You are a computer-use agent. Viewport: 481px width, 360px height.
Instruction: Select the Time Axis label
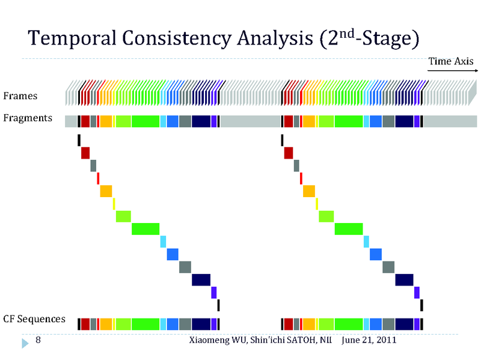tap(450, 61)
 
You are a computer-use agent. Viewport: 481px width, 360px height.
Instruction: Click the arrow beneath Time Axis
tap(451, 70)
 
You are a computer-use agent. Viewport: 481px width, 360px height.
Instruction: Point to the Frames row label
tap(20, 96)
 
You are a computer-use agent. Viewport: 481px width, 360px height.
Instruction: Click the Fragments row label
tap(28, 118)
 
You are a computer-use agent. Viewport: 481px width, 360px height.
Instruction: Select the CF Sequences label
tap(34, 319)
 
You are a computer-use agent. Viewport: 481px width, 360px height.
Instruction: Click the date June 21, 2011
tap(369, 341)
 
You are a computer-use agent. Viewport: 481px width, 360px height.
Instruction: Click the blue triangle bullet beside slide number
tap(25, 343)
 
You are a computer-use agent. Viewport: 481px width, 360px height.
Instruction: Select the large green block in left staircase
tap(146, 228)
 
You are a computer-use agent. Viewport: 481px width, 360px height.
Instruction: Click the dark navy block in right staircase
tap(404, 279)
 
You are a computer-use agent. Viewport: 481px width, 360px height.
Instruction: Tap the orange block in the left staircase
tap(106, 191)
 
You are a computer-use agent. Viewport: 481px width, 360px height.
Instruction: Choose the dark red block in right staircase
tap(289, 153)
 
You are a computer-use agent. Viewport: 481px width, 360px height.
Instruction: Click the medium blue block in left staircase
tap(173, 254)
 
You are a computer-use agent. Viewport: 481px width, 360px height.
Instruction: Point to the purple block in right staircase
tap(417, 292)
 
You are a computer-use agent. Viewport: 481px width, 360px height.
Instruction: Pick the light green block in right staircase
tap(326, 216)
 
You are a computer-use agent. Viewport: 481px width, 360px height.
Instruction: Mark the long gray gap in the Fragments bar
tap(250, 121)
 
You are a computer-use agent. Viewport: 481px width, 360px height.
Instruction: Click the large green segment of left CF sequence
tap(146, 324)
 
